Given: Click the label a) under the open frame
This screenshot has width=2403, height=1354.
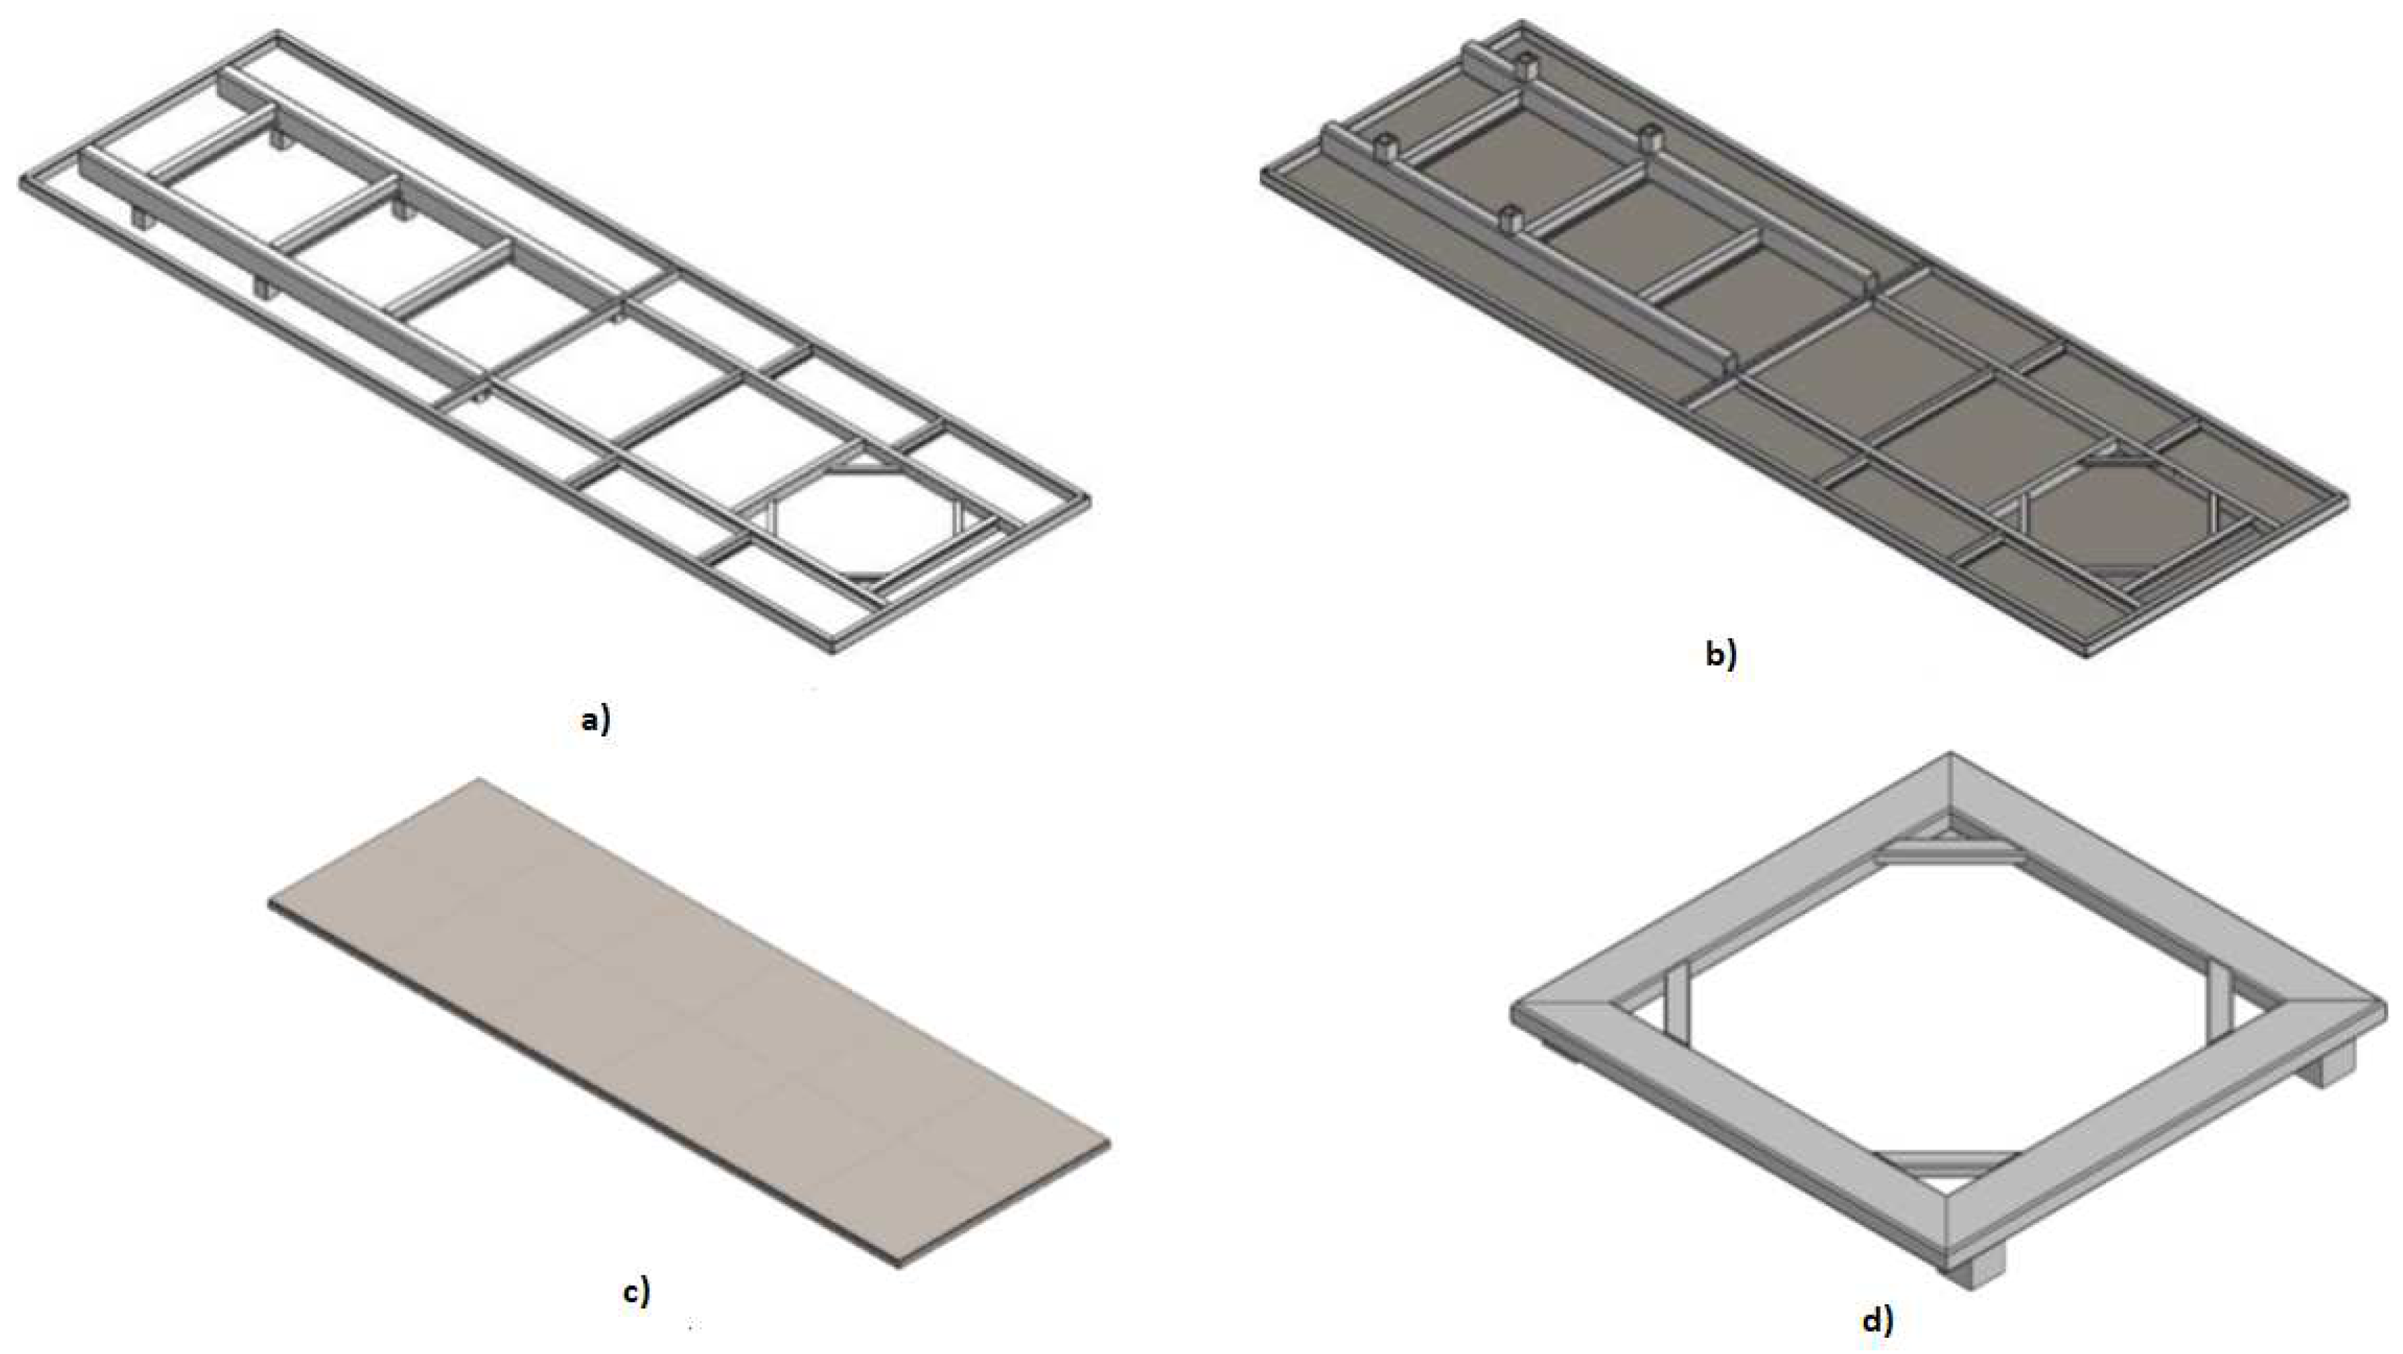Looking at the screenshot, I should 595,720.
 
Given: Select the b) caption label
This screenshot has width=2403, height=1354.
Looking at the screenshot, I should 1721,656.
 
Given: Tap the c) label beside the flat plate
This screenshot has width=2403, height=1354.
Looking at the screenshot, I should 637,1292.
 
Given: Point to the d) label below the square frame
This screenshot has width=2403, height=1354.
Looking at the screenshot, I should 1878,1320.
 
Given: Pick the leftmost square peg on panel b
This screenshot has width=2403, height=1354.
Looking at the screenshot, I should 1387,146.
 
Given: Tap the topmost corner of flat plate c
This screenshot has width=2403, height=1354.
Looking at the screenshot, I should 480,779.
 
